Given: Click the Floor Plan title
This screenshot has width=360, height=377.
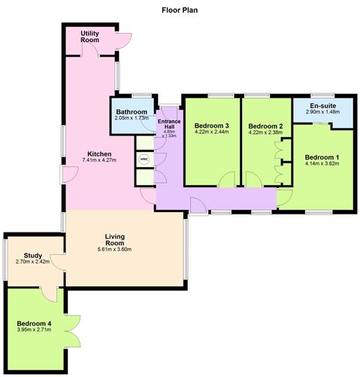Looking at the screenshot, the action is (x=180, y=11).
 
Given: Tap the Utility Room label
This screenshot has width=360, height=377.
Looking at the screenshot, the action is (x=89, y=37).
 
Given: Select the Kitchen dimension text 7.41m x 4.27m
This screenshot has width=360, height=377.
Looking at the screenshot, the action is (x=99, y=160).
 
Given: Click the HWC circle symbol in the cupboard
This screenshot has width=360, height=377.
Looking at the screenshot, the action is (x=144, y=160).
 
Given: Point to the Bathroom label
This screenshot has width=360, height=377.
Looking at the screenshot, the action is (x=132, y=112).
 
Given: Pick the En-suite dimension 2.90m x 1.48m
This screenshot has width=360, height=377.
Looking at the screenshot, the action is (x=322, y=112).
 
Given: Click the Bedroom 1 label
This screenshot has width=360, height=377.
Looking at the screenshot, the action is (x=322, y=157).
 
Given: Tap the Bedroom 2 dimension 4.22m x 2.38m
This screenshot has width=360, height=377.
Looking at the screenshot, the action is (x=265, y=132).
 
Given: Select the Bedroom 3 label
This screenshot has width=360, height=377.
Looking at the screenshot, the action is (x=212, y=126).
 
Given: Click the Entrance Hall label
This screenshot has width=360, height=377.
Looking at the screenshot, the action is (x=169, y=124).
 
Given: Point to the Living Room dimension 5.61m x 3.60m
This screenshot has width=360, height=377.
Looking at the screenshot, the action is (x=114, y=249).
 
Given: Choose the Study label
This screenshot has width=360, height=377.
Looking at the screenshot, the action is (x=33, y=256).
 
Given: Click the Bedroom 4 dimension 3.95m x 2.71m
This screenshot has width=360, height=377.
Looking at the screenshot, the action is (x=34, y=330).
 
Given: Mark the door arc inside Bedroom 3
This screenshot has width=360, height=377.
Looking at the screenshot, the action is (x=227, y=179).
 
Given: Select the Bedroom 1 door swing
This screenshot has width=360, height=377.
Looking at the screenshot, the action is (x=285, y=198).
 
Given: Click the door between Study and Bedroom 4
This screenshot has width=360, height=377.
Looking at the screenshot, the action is (x=49, y=294).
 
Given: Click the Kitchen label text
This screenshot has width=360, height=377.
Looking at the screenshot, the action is (x=99, y=154).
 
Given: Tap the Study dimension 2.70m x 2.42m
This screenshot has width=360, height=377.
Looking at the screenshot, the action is (x=33, y=262).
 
